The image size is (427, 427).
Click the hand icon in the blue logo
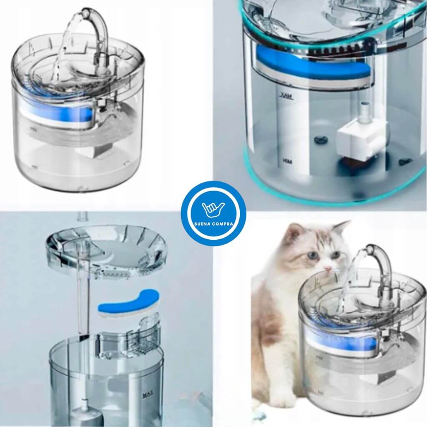[x=213, y=209]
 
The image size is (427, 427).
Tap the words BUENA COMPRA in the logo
[x=213, y=223]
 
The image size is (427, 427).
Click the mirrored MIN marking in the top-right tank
[x=286, y=160]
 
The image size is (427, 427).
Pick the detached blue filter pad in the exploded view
[x=128, y=302]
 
